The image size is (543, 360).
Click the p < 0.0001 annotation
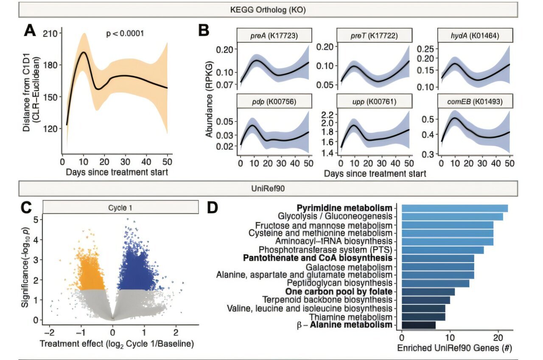(125, 33)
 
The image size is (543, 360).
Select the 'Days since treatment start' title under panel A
(117, 172)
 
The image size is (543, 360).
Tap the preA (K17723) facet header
(275, 36)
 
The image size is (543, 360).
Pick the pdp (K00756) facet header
(275, 102)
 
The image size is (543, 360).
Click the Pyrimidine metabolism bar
(454, 208)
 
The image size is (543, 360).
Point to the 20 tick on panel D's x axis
(498, 338)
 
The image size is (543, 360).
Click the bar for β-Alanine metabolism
(418, 325)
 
